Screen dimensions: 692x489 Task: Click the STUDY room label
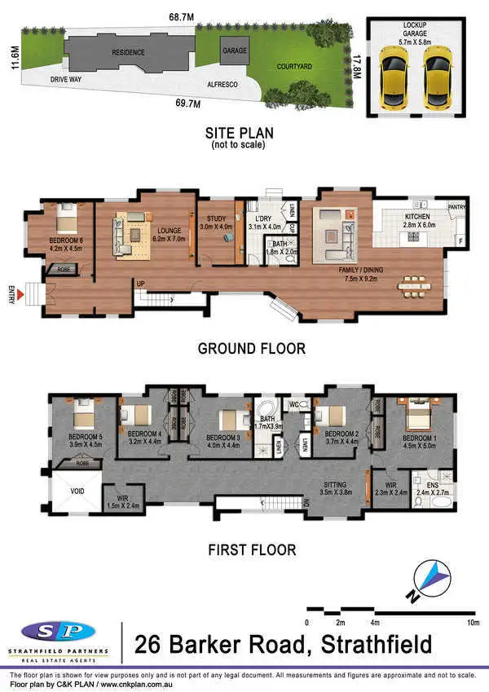(x=216, y=218)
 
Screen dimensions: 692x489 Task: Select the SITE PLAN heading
(x=238, y=132)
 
